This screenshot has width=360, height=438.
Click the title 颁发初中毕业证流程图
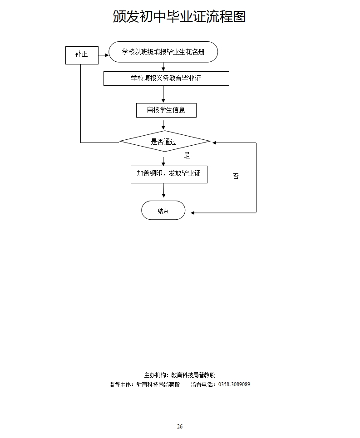pyautogui.click(x=179, y=17)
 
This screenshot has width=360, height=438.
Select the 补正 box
pyautogui.click(x=82, y=54)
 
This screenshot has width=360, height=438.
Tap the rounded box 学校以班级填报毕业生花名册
pyautogui.click(x=163, y=52)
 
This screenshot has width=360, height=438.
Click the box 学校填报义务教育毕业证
pyautogui.click(x=166, y=79)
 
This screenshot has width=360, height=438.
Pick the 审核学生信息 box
pyautogui.click(x=166, y=110)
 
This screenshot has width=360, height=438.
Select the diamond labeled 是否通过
pyautogui.click(x=164, y=142)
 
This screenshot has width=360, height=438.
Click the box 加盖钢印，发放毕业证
pyautogui.click(x=169, y=174)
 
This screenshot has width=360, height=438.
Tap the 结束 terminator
pyautogui.click(x=163, y=211)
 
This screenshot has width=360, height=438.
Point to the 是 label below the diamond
pyautogui.click(x=187, y=156)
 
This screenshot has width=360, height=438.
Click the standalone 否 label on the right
pyautogui.click(x=236, y=177)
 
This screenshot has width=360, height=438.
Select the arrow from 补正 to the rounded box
pyautogui.click(x=104, y=55)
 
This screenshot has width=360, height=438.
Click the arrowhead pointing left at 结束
pyautogui.click(x=193, y=212)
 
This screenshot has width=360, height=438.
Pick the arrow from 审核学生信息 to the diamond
pyautogui.click(x=163, y=124)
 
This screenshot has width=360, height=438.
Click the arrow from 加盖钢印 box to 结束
pyautogui.click(x=163, y=192)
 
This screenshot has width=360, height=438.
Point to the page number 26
pyautogui.click(x=180, y=426)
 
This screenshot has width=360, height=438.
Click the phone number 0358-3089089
pyautogui.click(x=234, y=384)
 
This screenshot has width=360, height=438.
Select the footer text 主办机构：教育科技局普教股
pyautogui.click(x=179, y=375)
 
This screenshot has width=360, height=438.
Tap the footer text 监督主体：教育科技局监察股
pyautogui.click(x=145, y=384)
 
